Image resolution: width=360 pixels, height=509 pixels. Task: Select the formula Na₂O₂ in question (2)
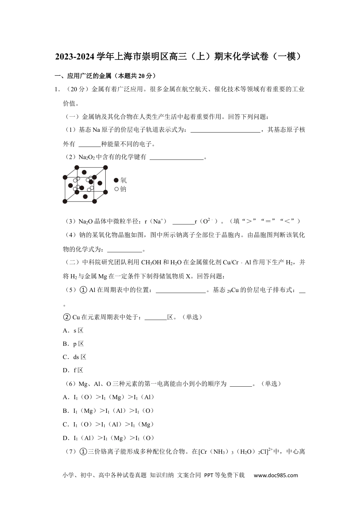(87, 157)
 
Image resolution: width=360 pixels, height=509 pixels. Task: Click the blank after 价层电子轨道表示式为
(225, 130)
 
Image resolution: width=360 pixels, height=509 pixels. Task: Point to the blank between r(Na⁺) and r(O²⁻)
(183, 222)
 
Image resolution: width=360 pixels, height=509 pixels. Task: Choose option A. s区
(73, 331)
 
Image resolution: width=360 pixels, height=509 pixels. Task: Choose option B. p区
(73, 344)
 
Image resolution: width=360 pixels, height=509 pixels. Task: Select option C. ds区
(75, 357)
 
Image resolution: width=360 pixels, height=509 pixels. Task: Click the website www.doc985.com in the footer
(275, 475)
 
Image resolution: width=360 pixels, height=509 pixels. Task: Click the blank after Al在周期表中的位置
(181, 290)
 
